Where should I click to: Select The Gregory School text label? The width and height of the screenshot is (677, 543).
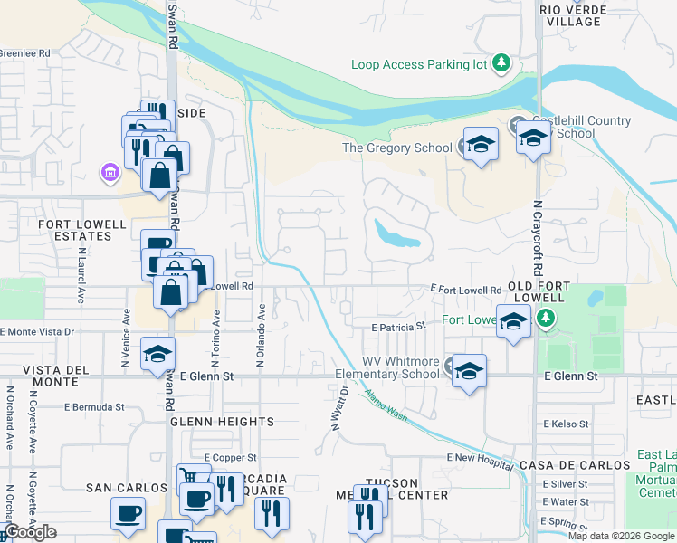(396, 148)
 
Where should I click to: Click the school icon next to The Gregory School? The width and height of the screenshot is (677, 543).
(481, 145)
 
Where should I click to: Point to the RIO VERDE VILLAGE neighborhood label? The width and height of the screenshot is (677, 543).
(583, 15)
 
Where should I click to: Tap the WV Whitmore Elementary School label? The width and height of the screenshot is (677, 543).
(387, 367)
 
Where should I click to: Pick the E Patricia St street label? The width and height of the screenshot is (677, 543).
(398, 326)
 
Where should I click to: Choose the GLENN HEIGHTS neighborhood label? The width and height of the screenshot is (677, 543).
(222, 422)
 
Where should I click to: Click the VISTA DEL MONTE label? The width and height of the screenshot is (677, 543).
(55, 377)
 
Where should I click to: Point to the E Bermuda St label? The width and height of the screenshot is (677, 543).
(88, 407)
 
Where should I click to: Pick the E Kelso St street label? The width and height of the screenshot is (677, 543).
(567, 424)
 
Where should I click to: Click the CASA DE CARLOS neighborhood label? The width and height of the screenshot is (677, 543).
(575, 464)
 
